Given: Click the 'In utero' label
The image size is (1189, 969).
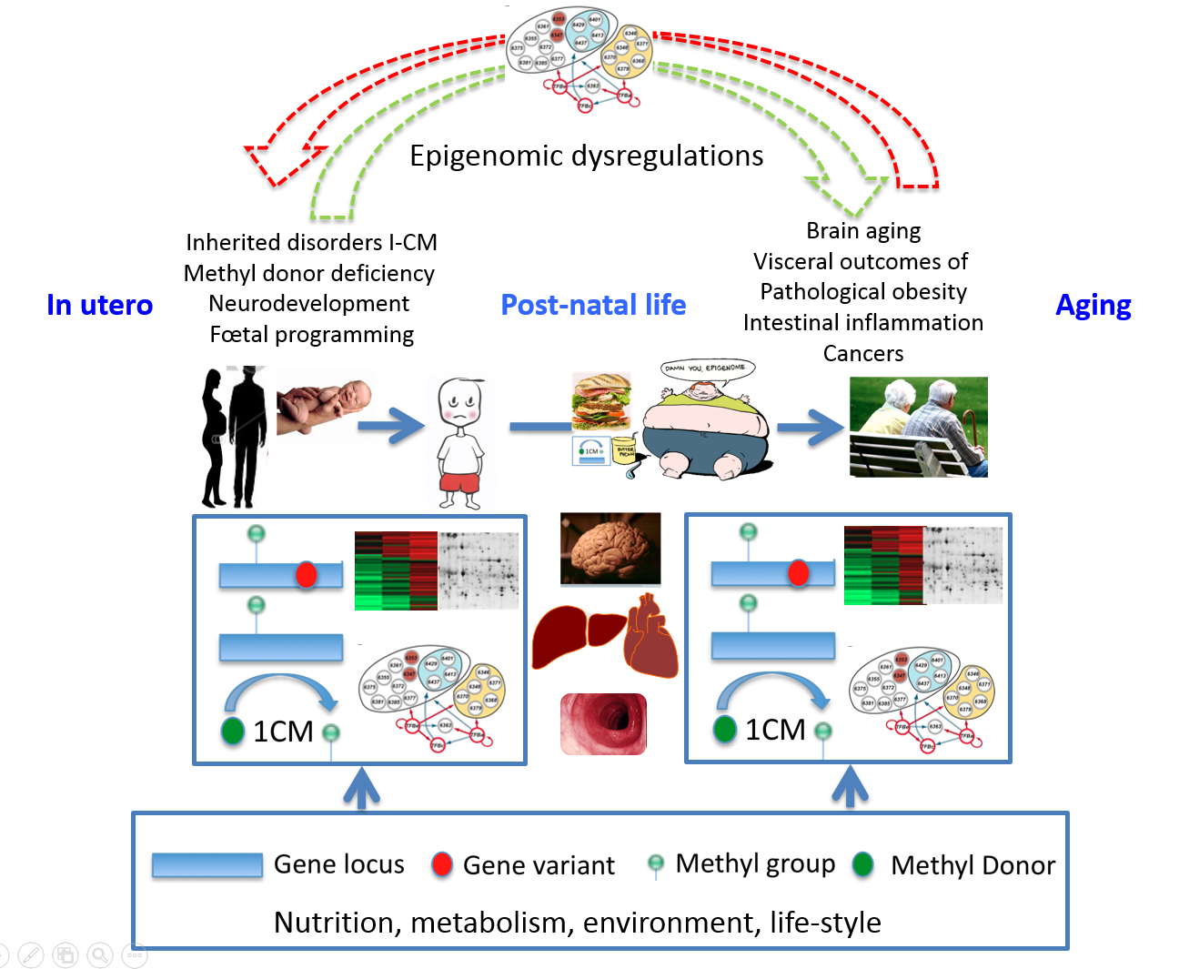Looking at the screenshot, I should pyautogui.click(x=99, y=305).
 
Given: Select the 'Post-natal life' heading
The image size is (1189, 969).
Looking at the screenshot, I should pyautogui.click(x=593, y=305).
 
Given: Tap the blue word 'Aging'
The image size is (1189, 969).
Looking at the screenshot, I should pyautogui.click(x=1093, y=305).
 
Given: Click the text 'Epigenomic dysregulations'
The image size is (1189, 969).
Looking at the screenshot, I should pyautogui.click(x=586, y=156).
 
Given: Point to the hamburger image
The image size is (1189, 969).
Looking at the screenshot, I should pyautogui.click(x=600, y=400).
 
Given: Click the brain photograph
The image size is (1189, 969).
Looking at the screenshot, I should pyautogui.click(x=610, y=548).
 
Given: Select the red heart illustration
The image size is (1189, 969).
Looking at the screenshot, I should pyautogui.click(x=650, y=636).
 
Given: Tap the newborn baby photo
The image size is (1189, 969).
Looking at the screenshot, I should pyautogui.click(x=324, y=404).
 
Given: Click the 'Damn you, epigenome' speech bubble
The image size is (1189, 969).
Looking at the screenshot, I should pyautogui.click(x=707, y=368).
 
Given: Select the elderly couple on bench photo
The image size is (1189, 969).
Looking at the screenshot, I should pyautogui.click(x=918, y=427).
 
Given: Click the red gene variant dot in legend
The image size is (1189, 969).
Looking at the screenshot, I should pyautogui.click(x=442, y=864).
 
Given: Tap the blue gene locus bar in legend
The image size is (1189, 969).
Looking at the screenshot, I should pyautogui.click(x=207, y=864).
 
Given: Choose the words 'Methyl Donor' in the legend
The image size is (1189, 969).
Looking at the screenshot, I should pyautogui.click(x=972, y=865).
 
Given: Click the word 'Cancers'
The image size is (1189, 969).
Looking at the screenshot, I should pyautogui.click(x=863, y=353).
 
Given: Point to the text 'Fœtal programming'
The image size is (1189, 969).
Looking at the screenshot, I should pyautogui.click(x=311, y=335).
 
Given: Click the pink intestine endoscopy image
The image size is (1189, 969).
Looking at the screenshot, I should pyautogui.click(x=603, y=724).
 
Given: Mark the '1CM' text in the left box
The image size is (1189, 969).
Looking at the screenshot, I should pyautogui.click(x=283, y=732).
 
